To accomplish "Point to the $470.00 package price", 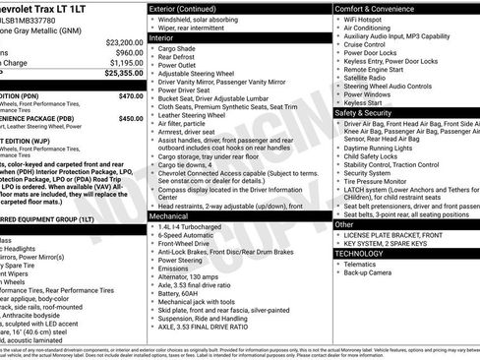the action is click(131, 96).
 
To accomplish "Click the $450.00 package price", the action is click(131, 118).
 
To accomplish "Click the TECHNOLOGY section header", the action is click(367, 253).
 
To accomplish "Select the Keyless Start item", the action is click(363, 101).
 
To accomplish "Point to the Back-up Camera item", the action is click(372, 274).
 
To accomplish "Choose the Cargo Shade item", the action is click(178, 48).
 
